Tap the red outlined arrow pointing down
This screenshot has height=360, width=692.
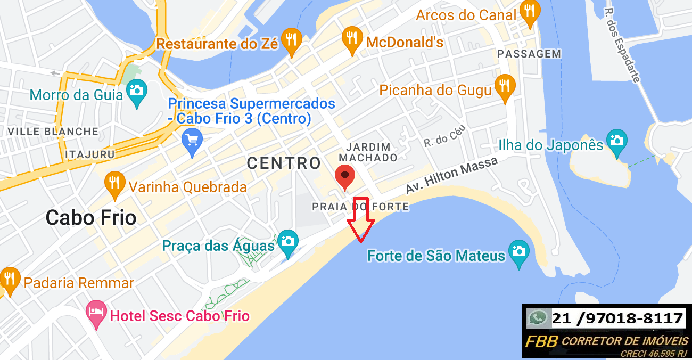tap(361, 218)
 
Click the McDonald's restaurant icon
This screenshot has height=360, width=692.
tap(351, 39)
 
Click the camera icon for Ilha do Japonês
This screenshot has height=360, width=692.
tap(617, 141)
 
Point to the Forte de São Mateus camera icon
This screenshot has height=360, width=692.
tap(519, 252)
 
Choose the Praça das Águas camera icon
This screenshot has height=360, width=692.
tap(287, 242)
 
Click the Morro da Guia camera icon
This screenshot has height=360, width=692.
tap(137, 92)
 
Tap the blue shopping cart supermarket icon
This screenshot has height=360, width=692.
tap(192, 141)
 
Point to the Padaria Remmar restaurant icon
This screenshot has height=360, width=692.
tap(9, 279)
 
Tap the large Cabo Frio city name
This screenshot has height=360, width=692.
tap(91, 217)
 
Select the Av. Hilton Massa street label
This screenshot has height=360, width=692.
tap(451, 175)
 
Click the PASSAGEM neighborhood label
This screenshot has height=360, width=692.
tap(529, 54)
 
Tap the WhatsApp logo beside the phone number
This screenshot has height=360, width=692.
tap(538, 318)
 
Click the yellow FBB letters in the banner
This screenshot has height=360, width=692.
tap(541, 341)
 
